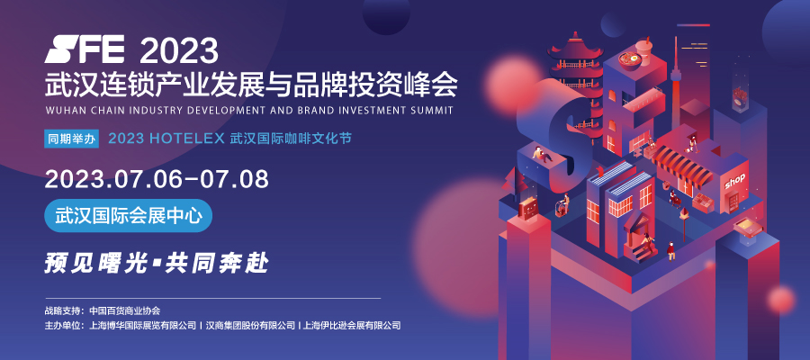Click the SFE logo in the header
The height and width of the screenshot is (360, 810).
tap(85, 49)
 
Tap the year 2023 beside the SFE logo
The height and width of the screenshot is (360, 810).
tap(179, 50)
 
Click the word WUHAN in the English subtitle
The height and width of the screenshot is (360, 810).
tap(61, 111)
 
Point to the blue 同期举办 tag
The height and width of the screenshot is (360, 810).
tap(71, 139)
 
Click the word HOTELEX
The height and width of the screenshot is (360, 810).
tap(188, 139)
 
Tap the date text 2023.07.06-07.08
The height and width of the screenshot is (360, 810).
tap(157, 179)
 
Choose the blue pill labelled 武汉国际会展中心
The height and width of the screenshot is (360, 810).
tap(129, 215)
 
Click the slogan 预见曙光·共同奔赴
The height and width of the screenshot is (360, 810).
tap(157, 263)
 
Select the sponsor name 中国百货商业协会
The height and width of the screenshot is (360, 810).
tap(125, 310)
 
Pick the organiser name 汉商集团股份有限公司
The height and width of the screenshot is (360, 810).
tap(250, 326)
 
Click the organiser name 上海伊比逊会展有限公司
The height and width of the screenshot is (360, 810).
tap(352, 326)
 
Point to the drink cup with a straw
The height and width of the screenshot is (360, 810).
tap(643, 49)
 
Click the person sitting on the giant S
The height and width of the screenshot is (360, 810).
tap(541, 155)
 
